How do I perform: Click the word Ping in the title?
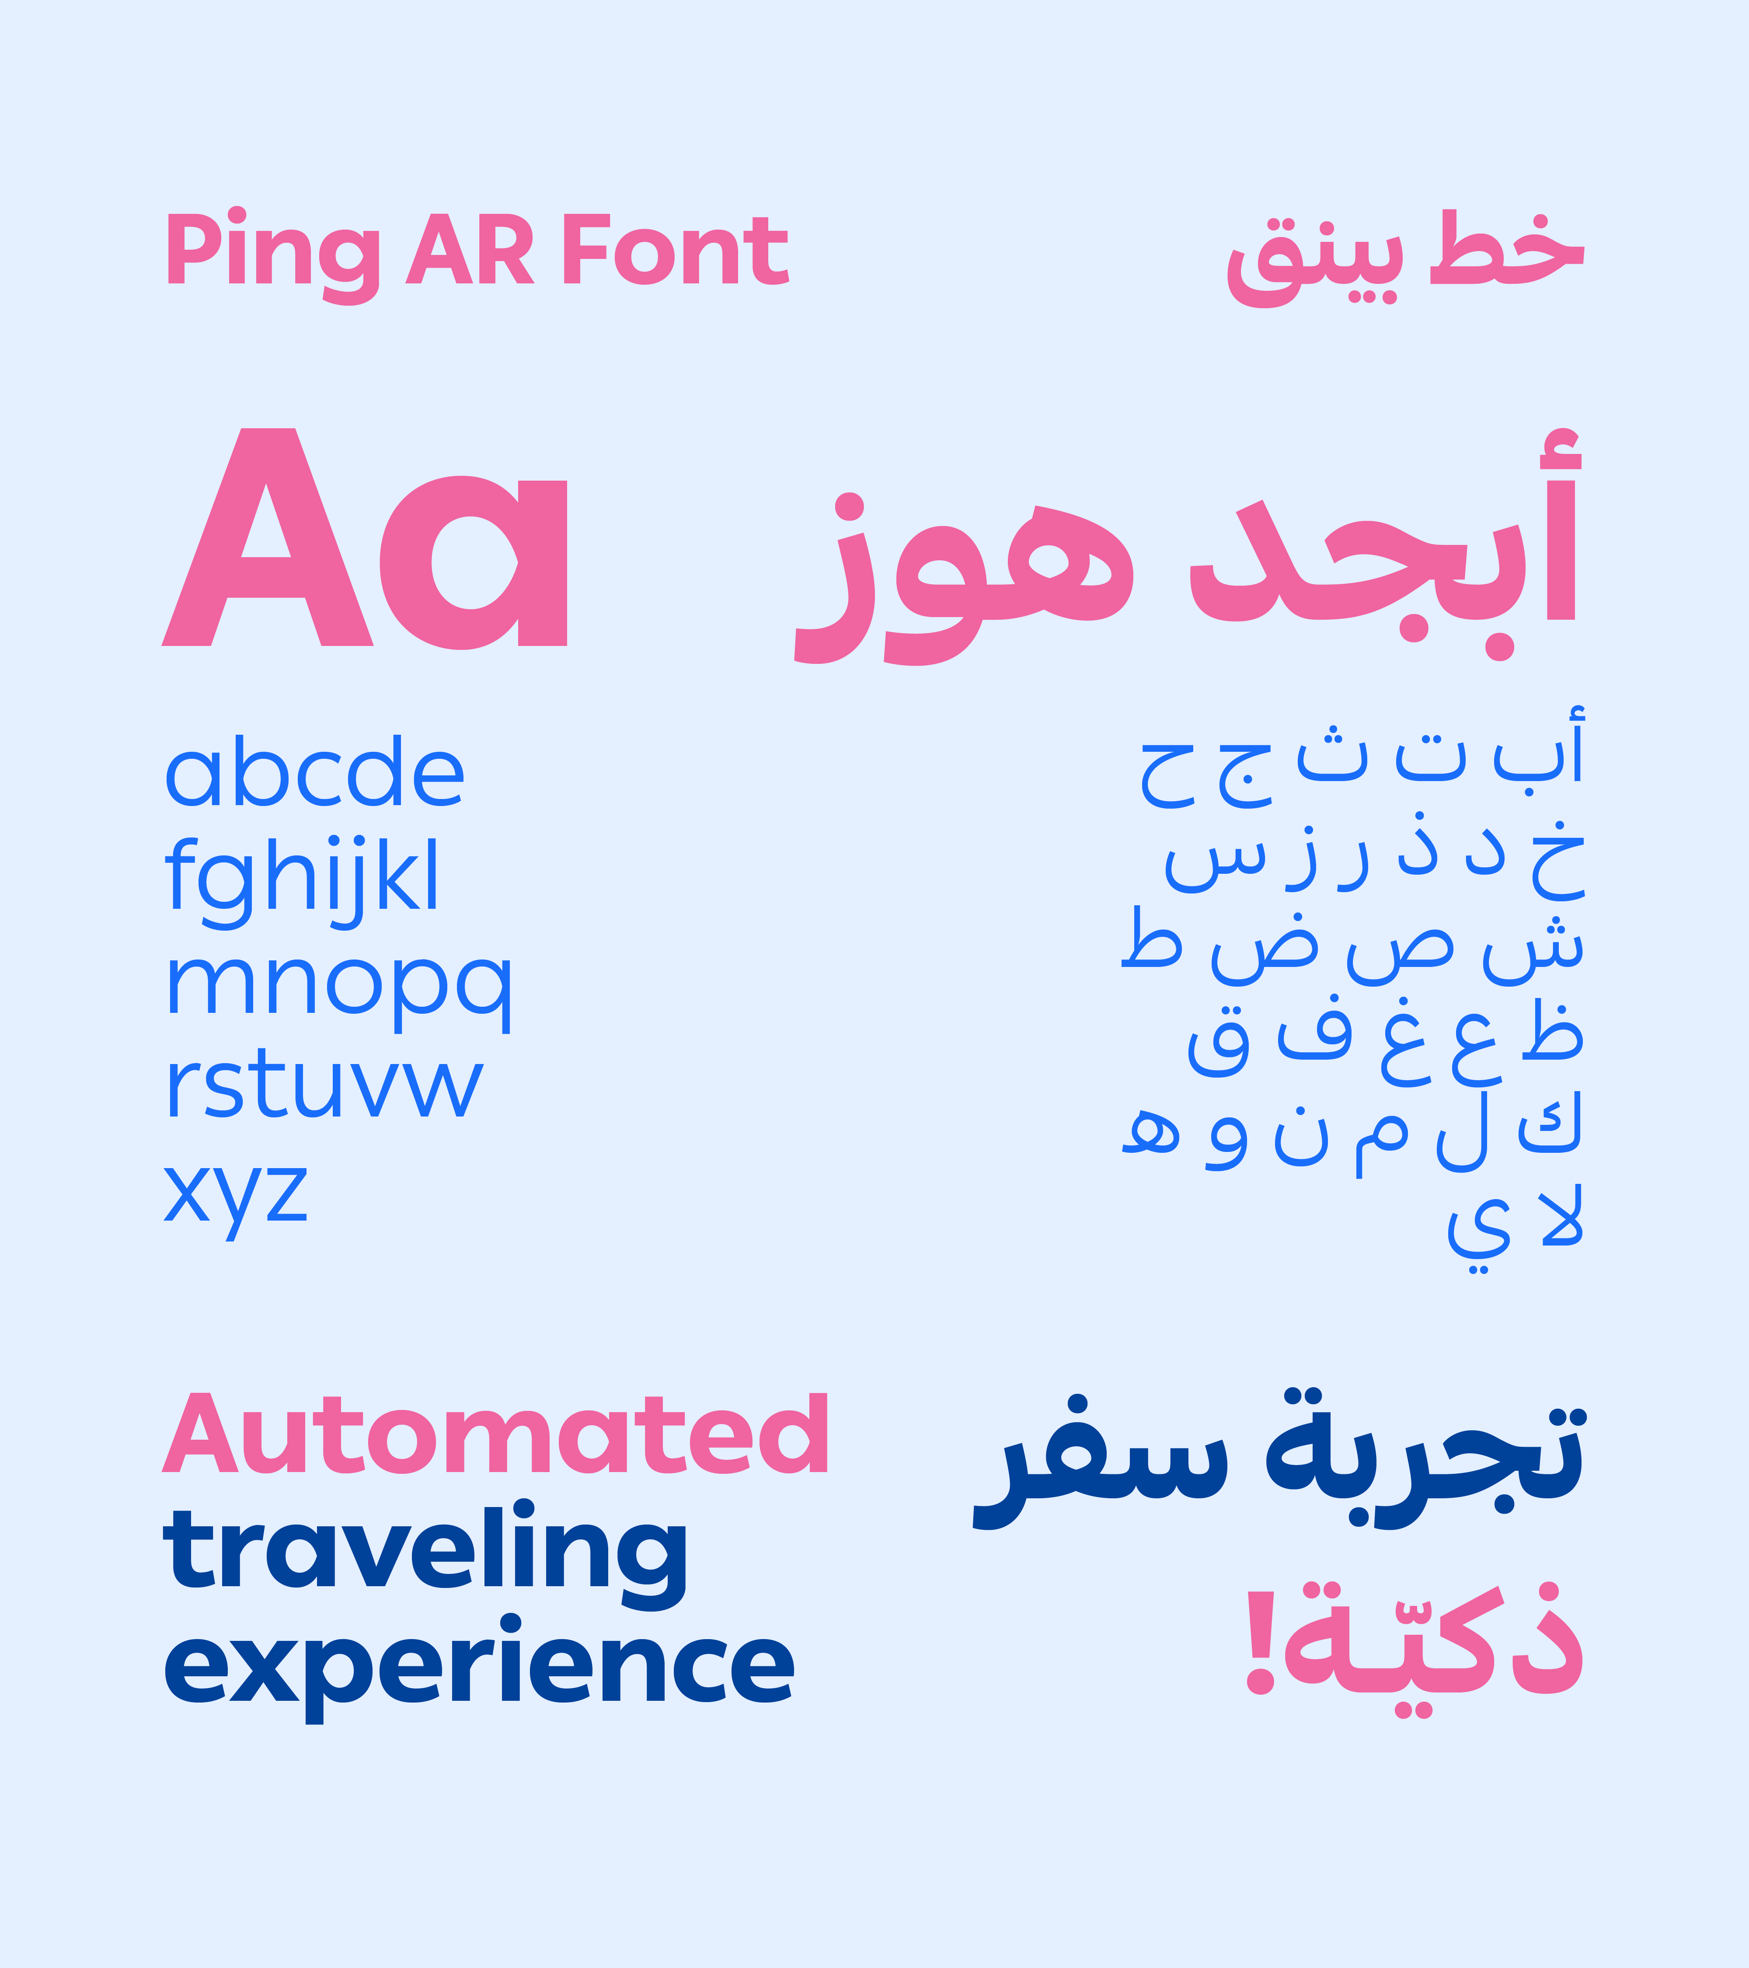tap(272, 255)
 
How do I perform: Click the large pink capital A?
tap(268, 537)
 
